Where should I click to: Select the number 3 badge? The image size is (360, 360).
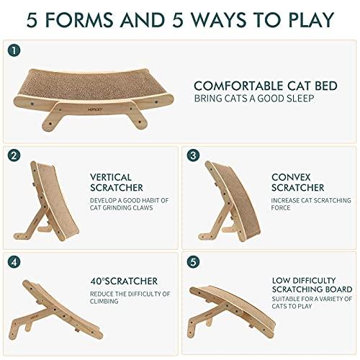193,155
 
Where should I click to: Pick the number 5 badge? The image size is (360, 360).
193,261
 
